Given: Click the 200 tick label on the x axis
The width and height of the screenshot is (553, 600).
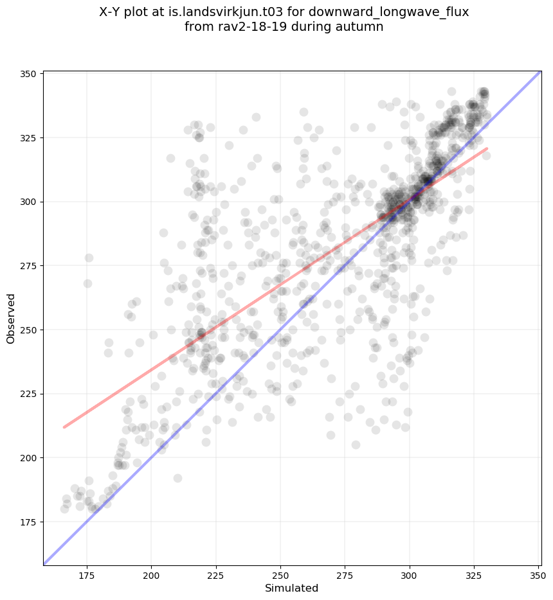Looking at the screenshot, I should [151, 575].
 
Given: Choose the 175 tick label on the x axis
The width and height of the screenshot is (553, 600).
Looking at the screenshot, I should [87, 575].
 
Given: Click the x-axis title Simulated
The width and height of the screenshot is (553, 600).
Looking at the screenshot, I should [292, 588].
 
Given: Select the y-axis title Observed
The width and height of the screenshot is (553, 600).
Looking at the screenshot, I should [11, 319].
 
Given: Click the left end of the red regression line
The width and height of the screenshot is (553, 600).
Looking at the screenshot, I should [64, 427].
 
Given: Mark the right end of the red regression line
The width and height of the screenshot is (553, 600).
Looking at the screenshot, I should [487, 148].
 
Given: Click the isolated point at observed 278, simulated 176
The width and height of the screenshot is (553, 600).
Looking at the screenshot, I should [89, 258].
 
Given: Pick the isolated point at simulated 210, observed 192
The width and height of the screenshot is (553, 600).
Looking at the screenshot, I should [177, 478].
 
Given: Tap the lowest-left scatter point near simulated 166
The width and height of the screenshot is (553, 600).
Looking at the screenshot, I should [64, 509].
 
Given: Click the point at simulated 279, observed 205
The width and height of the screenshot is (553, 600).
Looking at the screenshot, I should [356, 445].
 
